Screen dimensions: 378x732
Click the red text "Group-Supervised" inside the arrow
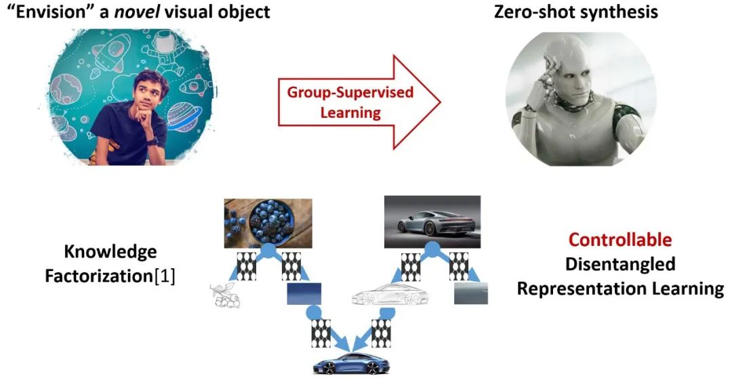tap(350, 92)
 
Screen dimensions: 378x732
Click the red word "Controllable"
tap(620, 240)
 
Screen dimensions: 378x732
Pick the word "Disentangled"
tap(620, 264)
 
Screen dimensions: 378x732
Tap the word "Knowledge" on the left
tap(110, 252)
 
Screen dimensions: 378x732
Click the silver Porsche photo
tap(432, 222)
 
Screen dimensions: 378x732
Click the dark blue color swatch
tap(304, 294)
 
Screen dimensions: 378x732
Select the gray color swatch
tap(470, 293)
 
